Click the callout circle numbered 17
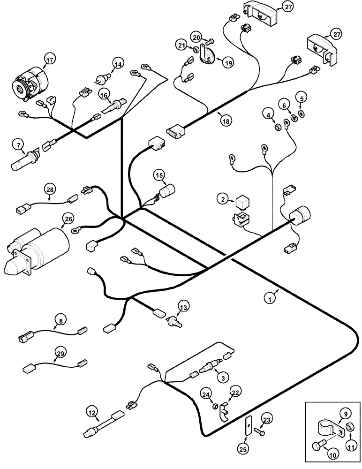point(49,60)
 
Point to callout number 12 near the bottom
point(92,412)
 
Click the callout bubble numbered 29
point(60,353)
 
